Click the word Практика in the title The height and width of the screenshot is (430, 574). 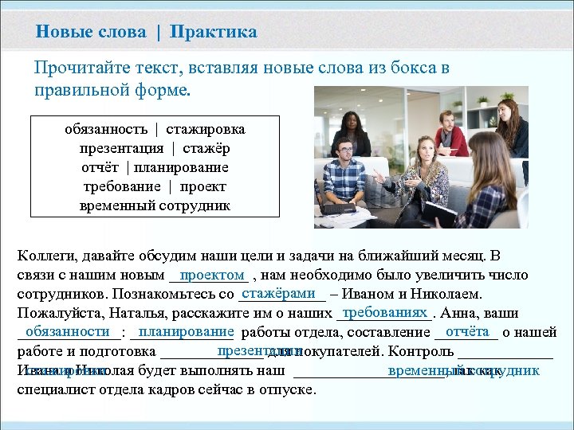(x=213, y=32)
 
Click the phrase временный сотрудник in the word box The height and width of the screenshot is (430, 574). (x=155, y=205)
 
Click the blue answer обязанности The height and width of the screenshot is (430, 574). (x=67, y=331)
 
